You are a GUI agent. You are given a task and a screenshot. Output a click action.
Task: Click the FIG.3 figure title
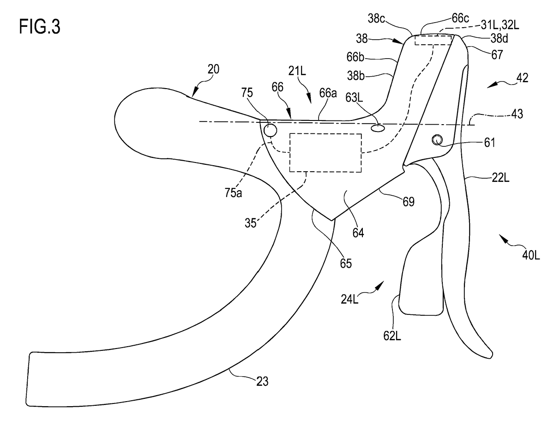(40, 27)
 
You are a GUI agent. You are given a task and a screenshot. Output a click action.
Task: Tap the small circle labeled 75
(270, 131)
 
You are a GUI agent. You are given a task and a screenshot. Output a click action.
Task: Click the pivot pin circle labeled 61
(437, 140)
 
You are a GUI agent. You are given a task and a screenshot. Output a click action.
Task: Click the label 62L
(392, 336)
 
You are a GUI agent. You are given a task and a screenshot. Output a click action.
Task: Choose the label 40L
(531, 255)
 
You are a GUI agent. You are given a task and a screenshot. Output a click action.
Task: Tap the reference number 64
(358, 233)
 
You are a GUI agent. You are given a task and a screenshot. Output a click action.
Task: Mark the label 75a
(233, 192)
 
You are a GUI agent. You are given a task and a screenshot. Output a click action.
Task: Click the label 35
(250, 223)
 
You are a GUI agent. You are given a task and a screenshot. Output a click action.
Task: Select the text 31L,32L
(500, 25)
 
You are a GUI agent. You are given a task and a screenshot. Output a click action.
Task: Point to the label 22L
(500, 178)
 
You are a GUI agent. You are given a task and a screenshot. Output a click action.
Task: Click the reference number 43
(517, 114)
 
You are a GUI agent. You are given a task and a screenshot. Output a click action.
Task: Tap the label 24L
(350, 299)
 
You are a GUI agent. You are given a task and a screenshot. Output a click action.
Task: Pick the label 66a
(328, 93)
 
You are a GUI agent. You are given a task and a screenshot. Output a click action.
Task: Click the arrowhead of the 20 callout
(195, 94)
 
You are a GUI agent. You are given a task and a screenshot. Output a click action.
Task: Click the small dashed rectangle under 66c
(433, 40)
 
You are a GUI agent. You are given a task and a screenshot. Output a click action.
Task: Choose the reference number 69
(409, 202)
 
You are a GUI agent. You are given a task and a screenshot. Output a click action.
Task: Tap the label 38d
(499, 38)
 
